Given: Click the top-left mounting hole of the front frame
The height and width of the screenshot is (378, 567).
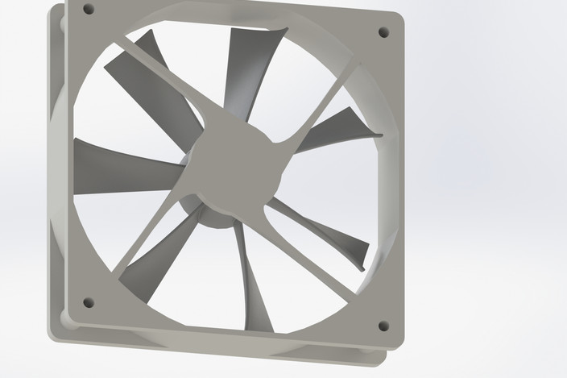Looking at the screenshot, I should [89, 10].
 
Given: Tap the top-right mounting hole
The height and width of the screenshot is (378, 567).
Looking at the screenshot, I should [383, 32].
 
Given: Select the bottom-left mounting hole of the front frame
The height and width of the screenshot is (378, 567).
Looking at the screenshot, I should [89, 303].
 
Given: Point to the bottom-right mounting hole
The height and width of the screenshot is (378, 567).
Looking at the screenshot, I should [383, 326].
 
